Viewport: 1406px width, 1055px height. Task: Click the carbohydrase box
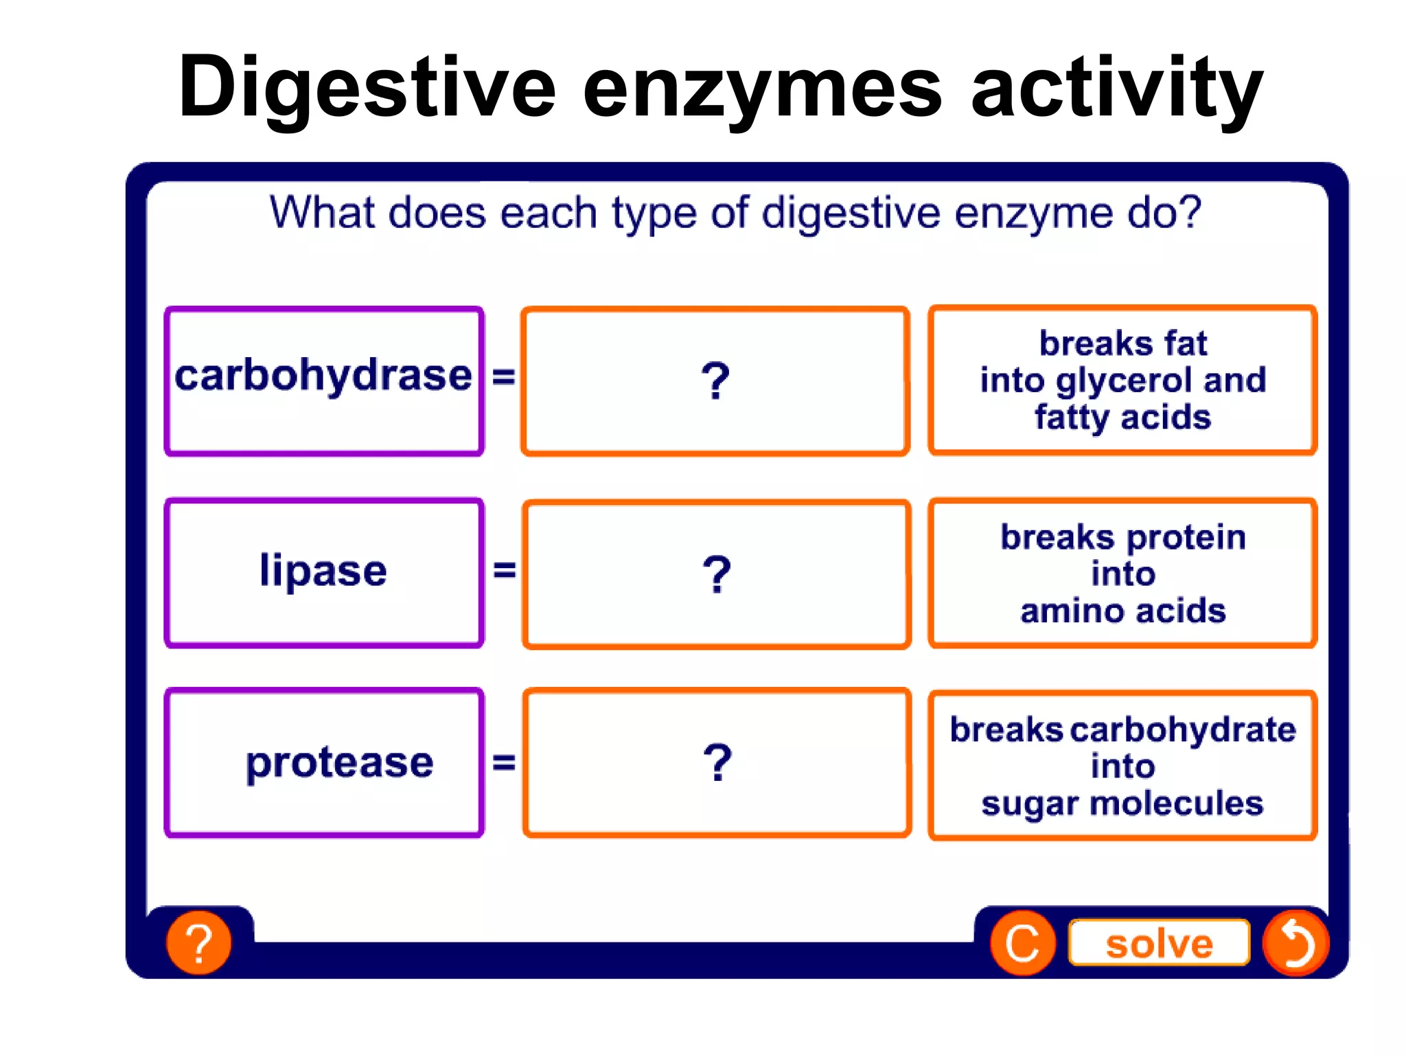click(x=324, y=381)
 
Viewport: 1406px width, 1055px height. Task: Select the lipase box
click(x=324, y=573)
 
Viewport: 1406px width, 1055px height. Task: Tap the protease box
click(x=324, y=763)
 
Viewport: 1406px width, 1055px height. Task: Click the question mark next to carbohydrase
click(x=715, y=381)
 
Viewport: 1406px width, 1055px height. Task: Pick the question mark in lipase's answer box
click(x=717, y=574)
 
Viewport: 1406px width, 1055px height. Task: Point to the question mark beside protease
click(x=717, y=763)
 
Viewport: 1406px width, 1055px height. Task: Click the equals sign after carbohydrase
click(x=503, y=376)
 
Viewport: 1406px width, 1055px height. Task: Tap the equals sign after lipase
click(x=504, y=569)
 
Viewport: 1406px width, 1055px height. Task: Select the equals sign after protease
click(x=503, y=762)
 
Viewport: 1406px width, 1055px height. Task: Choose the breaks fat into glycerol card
click(x=1122, y=380)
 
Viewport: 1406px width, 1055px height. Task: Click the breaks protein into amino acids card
click(x=1122, y=574)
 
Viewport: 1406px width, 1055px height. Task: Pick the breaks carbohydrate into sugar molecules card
click(x=1122, y=766)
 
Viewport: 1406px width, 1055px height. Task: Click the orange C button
click(x=1022, y=943)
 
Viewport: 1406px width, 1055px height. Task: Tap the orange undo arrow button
click(x=1295, y=943)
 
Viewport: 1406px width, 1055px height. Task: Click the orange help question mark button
click(x=199, y=943)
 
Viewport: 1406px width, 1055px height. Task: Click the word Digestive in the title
click(x=367, y=88)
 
